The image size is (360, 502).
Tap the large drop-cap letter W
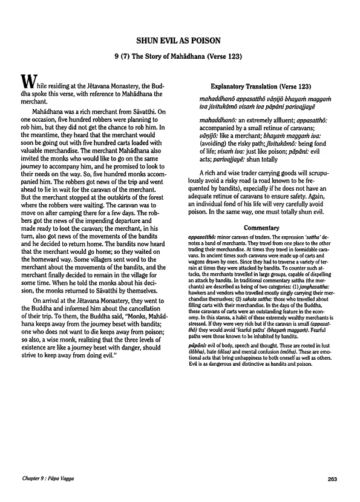[27, 81]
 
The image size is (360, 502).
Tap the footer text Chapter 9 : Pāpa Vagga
[48, 481]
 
